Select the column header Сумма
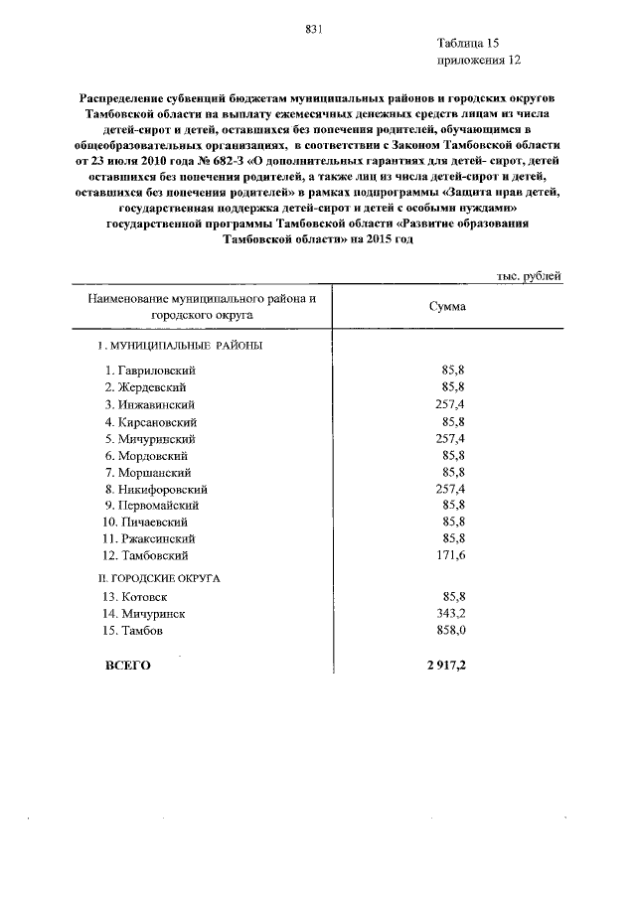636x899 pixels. [x=447, y=306]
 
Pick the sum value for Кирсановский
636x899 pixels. [x=453, y=421]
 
